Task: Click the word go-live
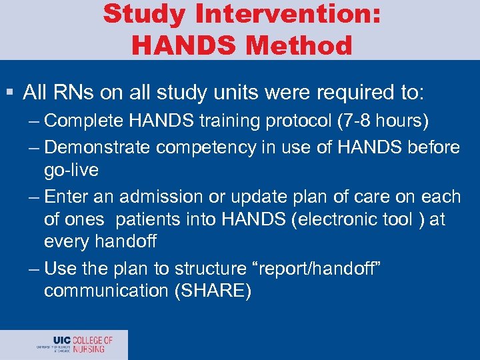pos(71,170)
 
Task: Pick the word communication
pos(103,291)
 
